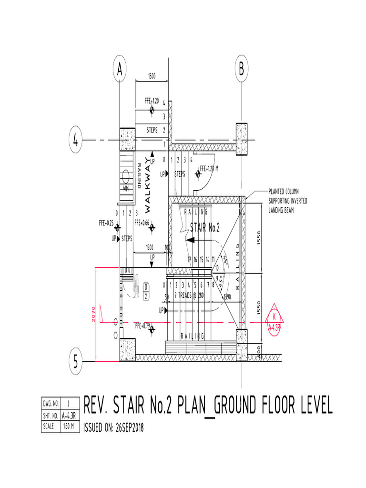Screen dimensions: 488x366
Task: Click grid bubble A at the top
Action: click(x=120, y=70)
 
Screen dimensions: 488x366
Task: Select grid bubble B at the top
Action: click(x=242, y=70)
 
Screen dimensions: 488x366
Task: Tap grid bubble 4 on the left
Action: click(x=75, y=141)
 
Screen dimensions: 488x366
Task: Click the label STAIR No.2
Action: click(x=205, y=228)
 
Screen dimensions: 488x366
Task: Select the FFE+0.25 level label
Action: click(x=106, y=222)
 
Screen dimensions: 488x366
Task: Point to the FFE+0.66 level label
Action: click(x=142, y=222)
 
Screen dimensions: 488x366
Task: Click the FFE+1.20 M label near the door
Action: click(x=209, y=169)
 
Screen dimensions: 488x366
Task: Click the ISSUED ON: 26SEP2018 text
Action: click(x=113, y=427)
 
